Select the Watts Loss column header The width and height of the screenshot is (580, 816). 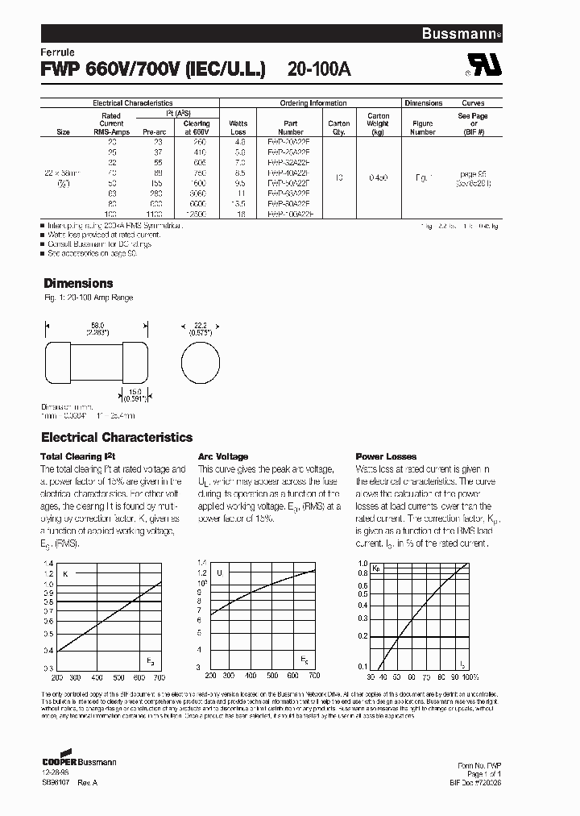[238, 128]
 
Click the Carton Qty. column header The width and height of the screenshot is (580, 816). [338, 128]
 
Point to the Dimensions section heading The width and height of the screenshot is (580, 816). [78, 283]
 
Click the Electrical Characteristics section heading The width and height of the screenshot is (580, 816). [117, 437]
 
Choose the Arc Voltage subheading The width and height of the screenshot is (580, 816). [223, 456]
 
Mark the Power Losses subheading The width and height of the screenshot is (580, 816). [386, 456]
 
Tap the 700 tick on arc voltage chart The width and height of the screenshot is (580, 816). [314, 675]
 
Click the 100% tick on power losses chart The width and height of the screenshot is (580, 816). [470, 676]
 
